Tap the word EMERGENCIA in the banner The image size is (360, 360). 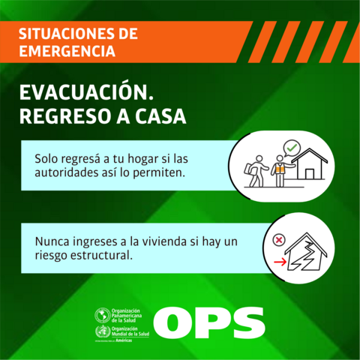(x=67, y=52)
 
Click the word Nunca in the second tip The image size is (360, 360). (x=51, y=242)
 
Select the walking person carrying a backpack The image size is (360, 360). (x=257, y=171)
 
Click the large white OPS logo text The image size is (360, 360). (x=213, y=322)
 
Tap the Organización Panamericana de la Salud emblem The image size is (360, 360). (x=100, y=315)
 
